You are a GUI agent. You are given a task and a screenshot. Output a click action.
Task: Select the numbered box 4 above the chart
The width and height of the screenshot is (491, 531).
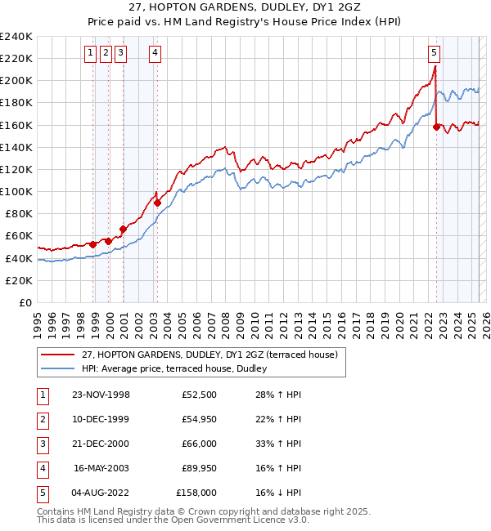(x=155, y=54)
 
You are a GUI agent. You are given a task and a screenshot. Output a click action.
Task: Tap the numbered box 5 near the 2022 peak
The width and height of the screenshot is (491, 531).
(x=434, y=54)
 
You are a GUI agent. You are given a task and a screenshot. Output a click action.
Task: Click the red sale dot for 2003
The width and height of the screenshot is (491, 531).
(x=158, y=203)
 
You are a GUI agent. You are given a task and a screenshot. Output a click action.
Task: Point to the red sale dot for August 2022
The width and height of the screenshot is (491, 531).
(x=436, y=127)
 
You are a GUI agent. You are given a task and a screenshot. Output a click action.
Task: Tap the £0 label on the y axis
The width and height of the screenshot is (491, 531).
(x=25, y=302)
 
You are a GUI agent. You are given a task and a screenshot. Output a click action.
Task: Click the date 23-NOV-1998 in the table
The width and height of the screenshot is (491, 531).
(x=101, y=395)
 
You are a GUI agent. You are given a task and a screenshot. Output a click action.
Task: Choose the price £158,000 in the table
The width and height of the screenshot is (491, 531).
(x=196, y=493)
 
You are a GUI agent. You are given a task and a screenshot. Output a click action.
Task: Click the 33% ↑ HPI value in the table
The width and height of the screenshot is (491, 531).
(x=279, y=444)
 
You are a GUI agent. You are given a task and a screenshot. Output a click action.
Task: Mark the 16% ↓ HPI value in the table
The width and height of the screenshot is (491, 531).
(x=279, y=493)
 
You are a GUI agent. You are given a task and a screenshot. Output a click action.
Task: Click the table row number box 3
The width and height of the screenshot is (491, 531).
(x=40, y=444)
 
